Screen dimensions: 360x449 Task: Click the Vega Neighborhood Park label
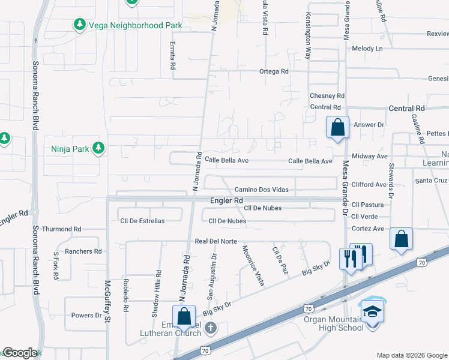point(134,25)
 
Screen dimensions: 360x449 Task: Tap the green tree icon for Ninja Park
point(98,148)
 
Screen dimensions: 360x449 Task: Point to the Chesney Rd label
point(327,96)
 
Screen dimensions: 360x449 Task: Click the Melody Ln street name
point(367,49)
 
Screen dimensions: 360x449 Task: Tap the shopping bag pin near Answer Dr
point(337,127)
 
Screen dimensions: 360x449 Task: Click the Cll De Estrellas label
point(142,221)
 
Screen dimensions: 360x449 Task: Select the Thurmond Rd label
point(61,229)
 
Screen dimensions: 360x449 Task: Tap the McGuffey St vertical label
point(107,302)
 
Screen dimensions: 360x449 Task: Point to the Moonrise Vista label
point(253,266)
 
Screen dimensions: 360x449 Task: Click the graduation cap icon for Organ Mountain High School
point(372,312)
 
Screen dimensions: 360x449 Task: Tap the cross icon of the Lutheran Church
point(210,328)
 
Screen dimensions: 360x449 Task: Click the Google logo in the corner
point(20,353)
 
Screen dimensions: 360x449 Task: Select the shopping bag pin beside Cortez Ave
point(401,238)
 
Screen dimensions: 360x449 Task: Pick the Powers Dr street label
point(86,315)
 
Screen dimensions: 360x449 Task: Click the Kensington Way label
point(308,36)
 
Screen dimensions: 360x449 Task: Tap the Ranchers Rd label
point(81,251)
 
